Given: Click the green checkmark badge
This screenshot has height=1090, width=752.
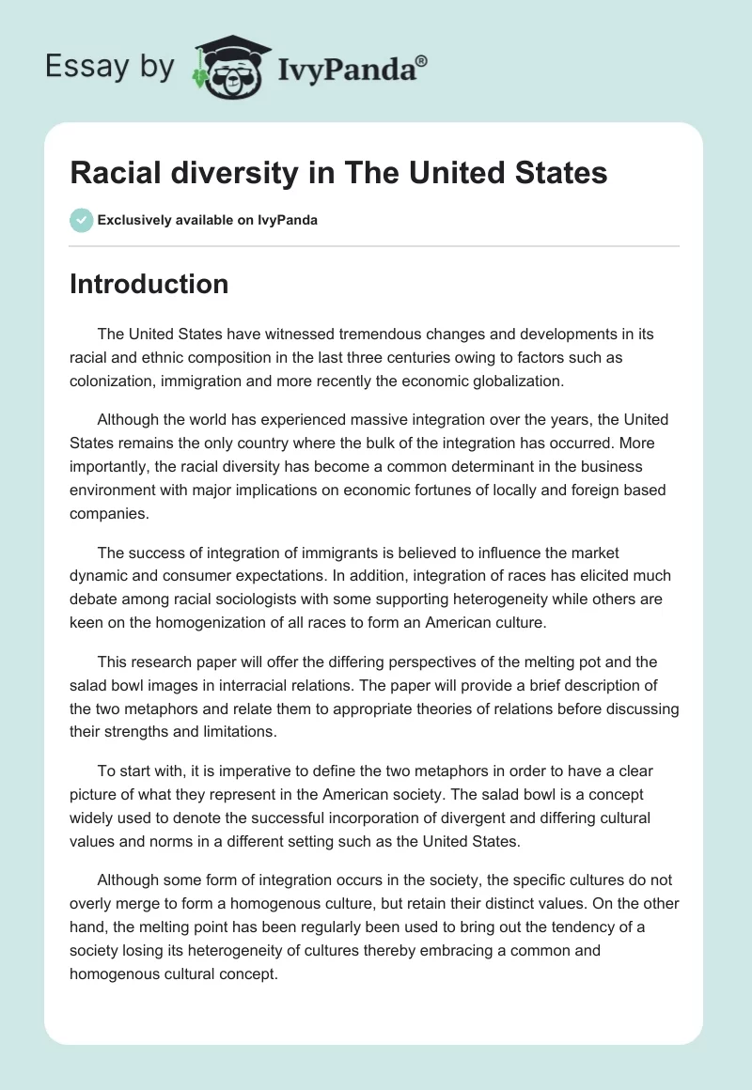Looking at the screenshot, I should pos(81,220).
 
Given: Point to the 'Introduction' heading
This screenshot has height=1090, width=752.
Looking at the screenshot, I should pos(149,284).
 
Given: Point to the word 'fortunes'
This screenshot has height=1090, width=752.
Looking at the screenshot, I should pos(369,491).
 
